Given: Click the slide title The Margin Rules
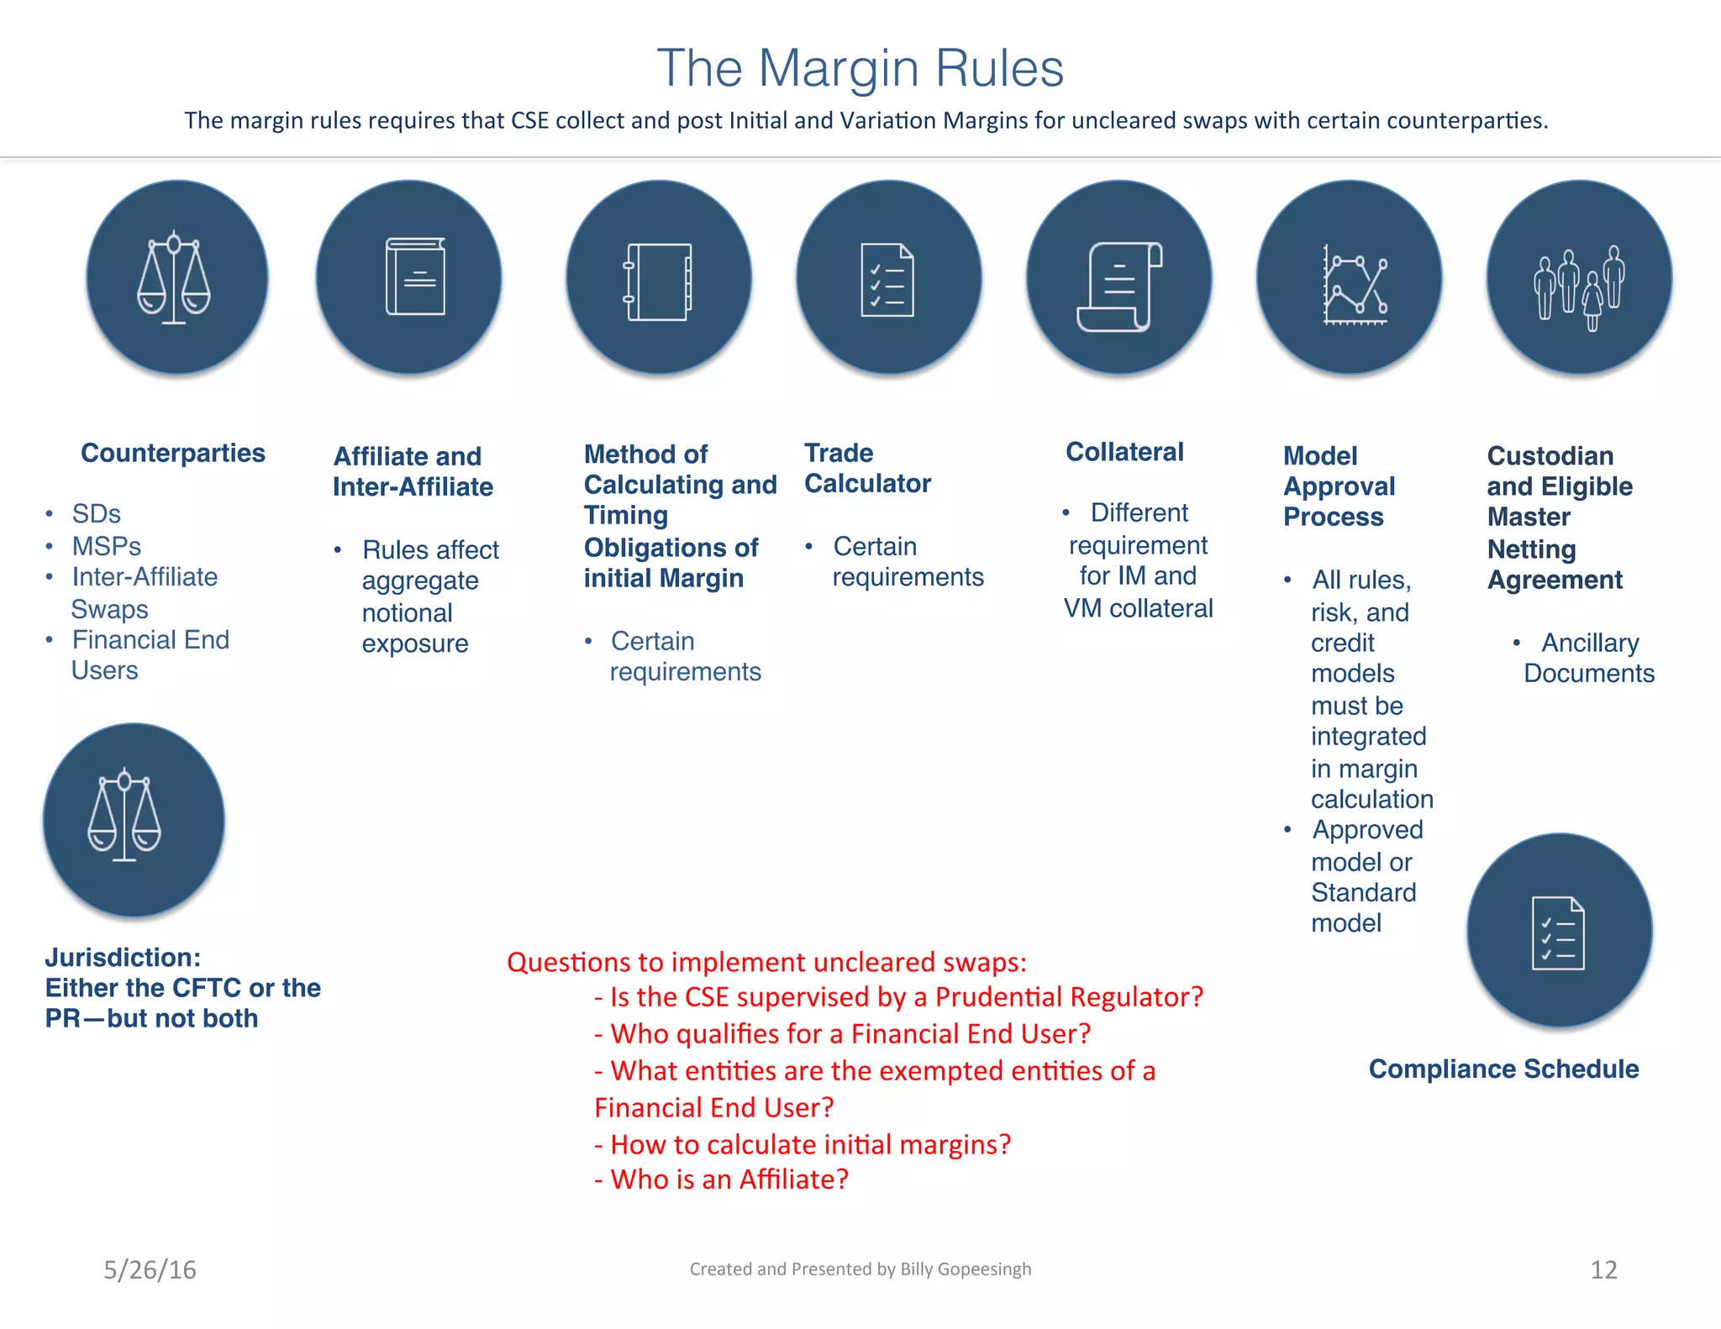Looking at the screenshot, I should tap(860, 68).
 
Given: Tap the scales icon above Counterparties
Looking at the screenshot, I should tap(174, 277).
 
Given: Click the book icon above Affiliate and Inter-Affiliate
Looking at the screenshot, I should tap(414, 277).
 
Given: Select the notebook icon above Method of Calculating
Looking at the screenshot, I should tap(658, 281).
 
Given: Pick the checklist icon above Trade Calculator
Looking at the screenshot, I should tap(887, 280).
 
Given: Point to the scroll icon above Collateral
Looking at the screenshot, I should tap(1119, 286).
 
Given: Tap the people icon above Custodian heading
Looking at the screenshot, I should tap(1578, 286).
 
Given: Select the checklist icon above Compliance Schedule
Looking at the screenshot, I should tap(1558, 932).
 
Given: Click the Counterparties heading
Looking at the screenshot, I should tap(173, 453).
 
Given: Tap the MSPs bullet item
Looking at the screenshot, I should tap(106, 546).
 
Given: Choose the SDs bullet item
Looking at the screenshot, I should tap(96, 513).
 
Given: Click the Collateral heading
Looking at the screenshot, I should tap(1124, 452).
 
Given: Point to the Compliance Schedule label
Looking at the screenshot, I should tap(1503, 1069).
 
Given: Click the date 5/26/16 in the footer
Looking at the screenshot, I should tap(150, 1269).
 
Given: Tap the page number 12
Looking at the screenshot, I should tap(1603, 1269).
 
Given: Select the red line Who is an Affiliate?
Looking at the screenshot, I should tap(721, 1179).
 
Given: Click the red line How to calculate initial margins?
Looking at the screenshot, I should tap(803, 1144).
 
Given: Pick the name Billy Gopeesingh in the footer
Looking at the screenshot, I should tap(966, 1269).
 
